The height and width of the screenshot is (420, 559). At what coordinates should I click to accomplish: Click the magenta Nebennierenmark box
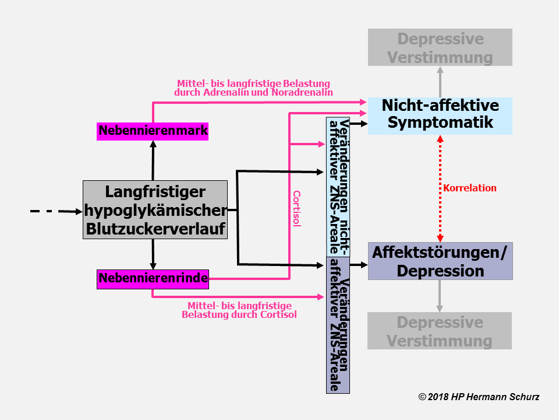click(x=153, y=131)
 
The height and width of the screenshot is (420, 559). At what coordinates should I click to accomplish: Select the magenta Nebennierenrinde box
click(x=153, y=279)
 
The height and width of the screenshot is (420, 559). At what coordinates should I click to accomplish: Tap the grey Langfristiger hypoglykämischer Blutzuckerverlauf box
click(x=154, y=210)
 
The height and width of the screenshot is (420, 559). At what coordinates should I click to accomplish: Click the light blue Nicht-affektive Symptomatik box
click(x=440, y=115)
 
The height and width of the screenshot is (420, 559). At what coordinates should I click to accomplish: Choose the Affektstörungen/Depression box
click(x=440, y=261)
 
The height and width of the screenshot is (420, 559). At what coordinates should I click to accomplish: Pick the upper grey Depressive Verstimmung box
click(x=440, y=48)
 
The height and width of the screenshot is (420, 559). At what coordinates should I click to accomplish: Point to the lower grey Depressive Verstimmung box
click(x=440, y=331)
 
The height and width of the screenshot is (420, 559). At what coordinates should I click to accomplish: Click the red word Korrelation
click(x=469, y=188)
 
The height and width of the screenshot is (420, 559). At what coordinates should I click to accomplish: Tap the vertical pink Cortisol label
click(x=296, y=209)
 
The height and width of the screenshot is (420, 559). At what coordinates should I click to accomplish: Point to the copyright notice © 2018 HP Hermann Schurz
click(x=479, y=397)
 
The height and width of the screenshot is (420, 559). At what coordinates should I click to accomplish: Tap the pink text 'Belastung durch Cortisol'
click(x=239, y=315)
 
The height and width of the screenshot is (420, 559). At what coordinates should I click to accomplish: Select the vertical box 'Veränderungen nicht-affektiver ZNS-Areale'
click(x=338, y=187)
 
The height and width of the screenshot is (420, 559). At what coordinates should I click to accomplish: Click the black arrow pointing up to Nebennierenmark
click(x=153, y=160)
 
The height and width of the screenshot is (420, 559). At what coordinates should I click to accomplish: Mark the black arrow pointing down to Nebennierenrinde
click(x=153, y=254)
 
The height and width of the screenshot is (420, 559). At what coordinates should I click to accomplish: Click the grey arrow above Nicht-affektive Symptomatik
click(x=440, y=82)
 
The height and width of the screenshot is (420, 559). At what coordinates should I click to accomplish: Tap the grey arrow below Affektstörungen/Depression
click(x=440, y=296)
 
